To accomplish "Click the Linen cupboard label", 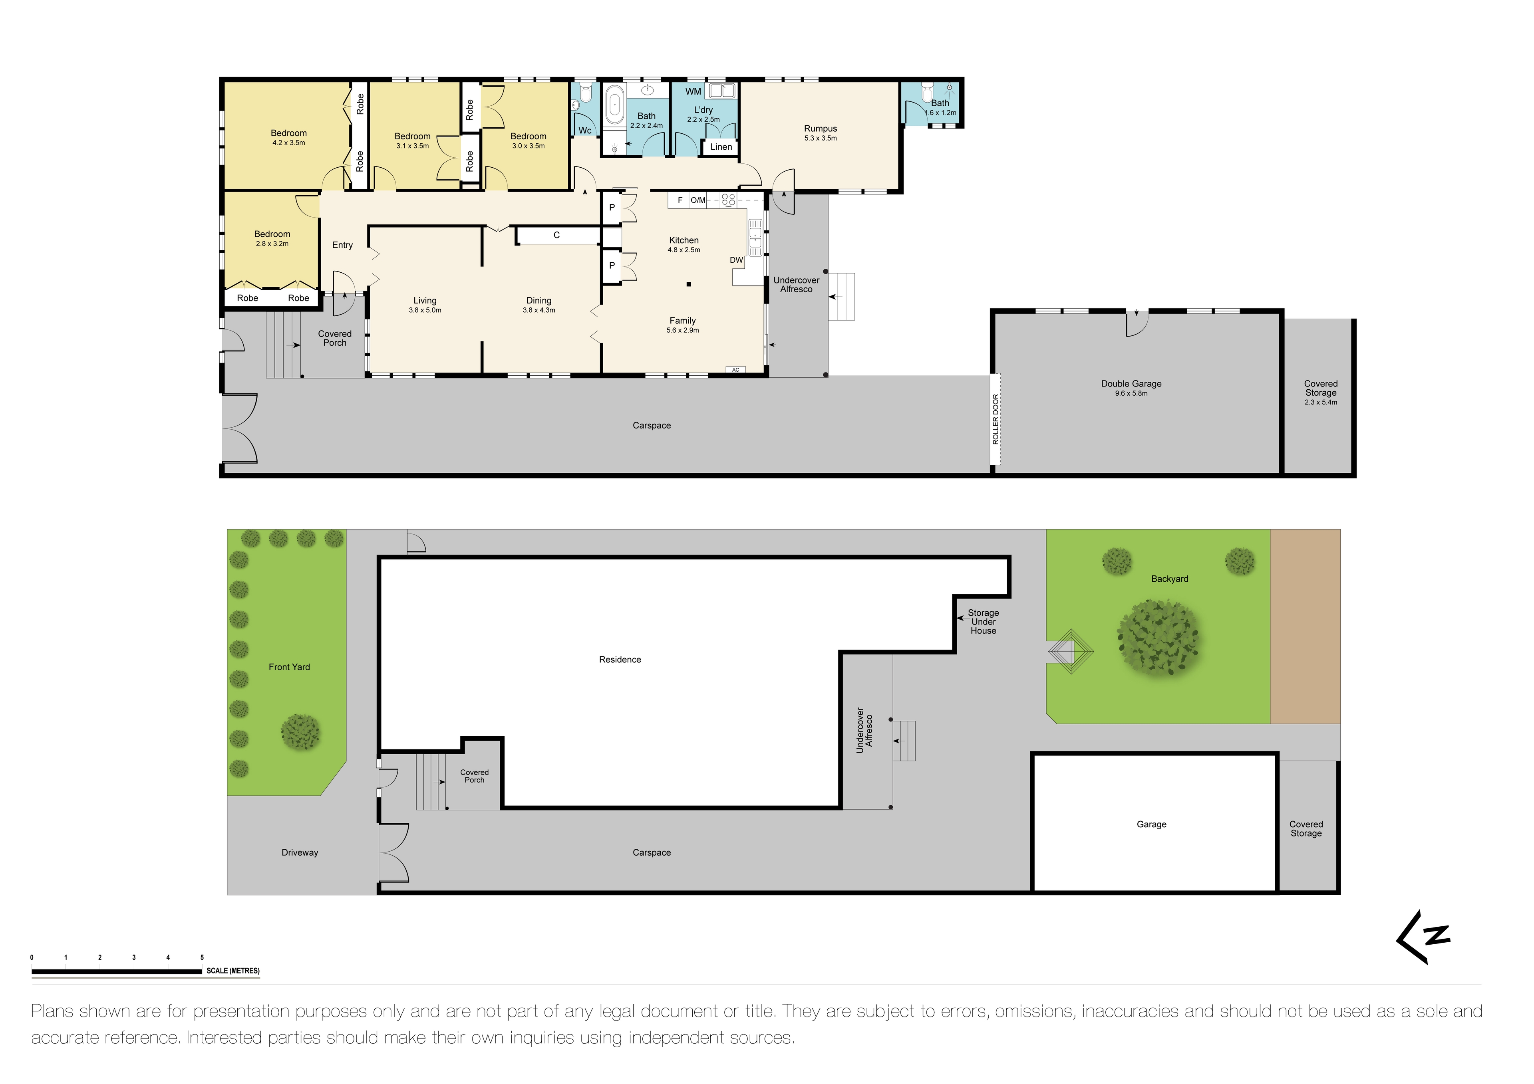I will [721, 147].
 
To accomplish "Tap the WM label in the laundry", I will [693, 91].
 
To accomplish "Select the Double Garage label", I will [1131, 383].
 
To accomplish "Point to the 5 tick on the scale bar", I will [202, 957].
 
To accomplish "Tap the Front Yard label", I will [289, 666].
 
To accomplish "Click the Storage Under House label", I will [983, 621].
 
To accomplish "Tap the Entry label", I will [342, 245].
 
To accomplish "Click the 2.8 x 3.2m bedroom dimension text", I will [272, 244].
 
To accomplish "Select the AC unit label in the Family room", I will [735, 369].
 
